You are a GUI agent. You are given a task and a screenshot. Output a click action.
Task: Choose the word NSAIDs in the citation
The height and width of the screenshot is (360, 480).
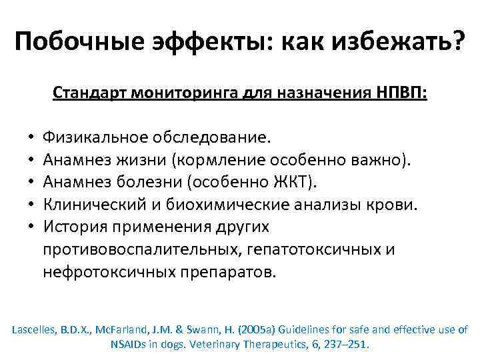tap(127, 345)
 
